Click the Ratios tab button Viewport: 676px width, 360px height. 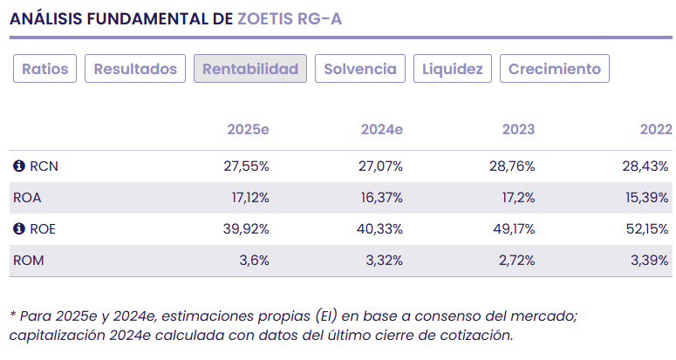(45, 69)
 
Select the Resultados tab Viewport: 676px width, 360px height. (135, 69)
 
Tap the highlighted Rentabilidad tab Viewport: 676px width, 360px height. (250, 69)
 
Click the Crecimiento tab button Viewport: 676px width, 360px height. (555, 69)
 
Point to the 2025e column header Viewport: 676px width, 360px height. (248, 130)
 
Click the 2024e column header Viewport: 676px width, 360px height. (381, 130)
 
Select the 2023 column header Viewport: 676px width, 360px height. (518, 130)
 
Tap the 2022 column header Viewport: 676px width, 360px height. (655, 130)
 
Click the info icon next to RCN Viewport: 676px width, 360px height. (18, 166)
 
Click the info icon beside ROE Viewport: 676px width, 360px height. (18, 229)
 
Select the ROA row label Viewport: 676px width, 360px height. (28, 198)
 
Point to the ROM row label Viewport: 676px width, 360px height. (29, 261)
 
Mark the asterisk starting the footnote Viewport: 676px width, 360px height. (12, 315)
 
